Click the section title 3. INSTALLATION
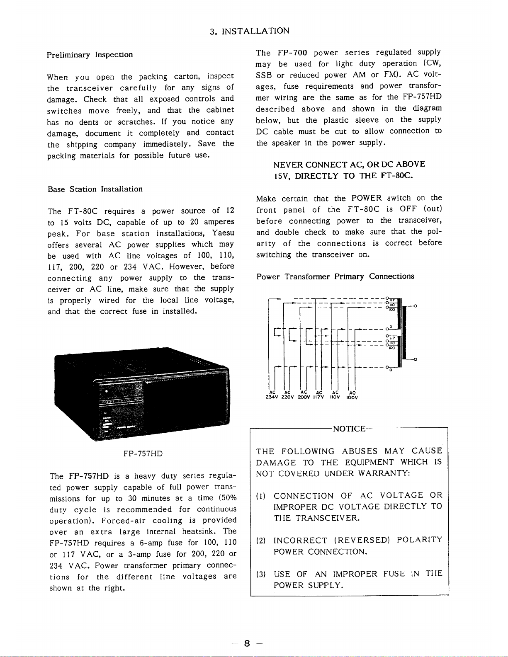(x=250, y=31)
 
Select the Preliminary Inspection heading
(x=90, y=55)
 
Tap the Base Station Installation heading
(x=95, y=189)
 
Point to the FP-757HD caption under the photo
(x=143, y=453)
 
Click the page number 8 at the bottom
(x=247, y=643)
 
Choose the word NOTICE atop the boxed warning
(x=349, y=429)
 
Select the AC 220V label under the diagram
(x=288, y=395)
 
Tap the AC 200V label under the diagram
(x=304, y=395)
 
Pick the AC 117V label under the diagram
(x=319, y=395)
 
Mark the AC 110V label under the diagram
(x=335, y=395)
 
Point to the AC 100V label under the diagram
(x=352, y=395)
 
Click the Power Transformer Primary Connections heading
(x=335, y=276)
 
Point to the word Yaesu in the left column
(x=223, y=233)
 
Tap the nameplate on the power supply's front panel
(x=120, y=401)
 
